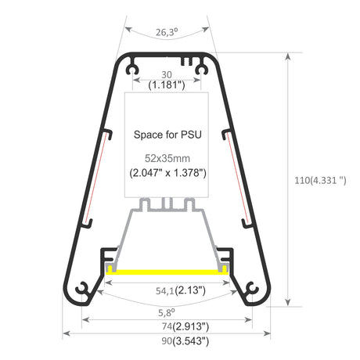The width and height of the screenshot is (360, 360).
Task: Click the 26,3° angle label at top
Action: pos(167,32)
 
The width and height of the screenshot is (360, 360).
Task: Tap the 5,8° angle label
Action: pos(167,312)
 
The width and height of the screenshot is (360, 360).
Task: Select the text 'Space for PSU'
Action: pos(167,135)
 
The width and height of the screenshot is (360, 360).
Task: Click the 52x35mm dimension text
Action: pos(167,158)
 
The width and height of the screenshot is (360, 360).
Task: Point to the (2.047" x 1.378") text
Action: pos(167,173)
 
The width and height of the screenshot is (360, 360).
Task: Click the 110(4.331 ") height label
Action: pos(320,180)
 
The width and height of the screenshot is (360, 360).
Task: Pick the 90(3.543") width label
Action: pos(185,341)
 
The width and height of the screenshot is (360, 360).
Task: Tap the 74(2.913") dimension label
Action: pos(185,326)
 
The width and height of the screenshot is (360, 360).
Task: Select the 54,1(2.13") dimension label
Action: pos(181,290)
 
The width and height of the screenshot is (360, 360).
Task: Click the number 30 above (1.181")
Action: pos(167,75)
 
